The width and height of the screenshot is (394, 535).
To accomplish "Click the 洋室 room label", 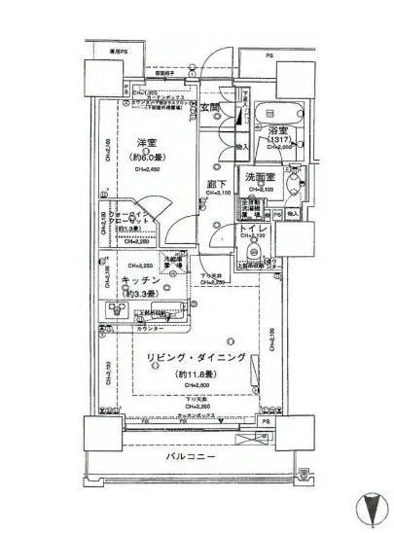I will tap(149, 144).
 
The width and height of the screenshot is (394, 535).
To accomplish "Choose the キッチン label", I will tap(142, 279).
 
